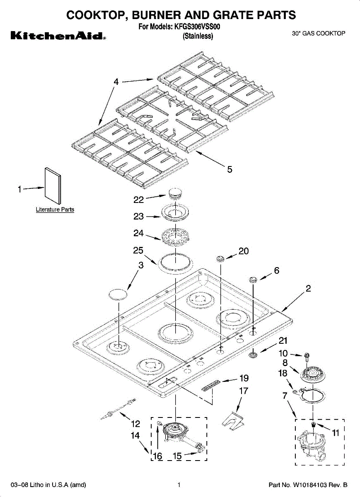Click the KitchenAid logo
(58, 36)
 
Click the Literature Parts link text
(55, 210)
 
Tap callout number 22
(138, 200)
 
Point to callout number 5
(230, 169)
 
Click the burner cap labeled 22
(176, 193)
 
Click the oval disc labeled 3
(117, 294)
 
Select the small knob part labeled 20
(220, 259)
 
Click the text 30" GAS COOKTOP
(318, 34)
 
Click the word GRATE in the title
(222, 15)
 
